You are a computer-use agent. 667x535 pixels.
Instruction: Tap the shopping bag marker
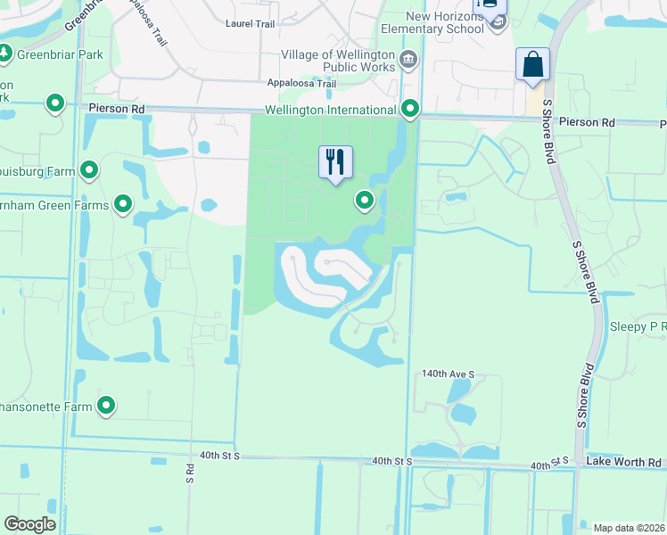(532, 65)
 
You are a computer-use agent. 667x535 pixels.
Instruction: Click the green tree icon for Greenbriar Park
(5, 53)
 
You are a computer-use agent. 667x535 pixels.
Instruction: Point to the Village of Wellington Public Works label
(338, 61)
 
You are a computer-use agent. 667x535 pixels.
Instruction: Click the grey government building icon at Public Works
(409, 61)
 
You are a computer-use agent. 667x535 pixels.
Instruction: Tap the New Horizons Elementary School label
(444, 22)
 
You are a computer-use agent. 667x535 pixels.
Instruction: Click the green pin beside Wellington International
(410, 109)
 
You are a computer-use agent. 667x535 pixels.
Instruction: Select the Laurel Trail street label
(251, 24)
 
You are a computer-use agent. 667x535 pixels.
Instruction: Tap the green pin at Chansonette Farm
(106, 407)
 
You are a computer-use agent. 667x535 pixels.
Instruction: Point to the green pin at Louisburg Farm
(89, 169)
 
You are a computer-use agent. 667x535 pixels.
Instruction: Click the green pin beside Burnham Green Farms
(123, 206)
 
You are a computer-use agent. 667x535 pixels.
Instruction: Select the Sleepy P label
(638, 327)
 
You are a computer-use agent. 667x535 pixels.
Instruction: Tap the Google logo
(29, 524)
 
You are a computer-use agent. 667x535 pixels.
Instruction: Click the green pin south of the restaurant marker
(364, 202)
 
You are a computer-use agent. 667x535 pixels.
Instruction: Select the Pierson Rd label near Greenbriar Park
(117, 108)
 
